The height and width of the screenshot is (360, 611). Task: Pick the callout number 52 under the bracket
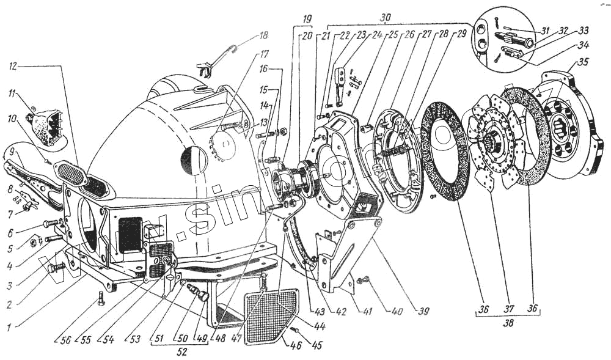click(181, 352)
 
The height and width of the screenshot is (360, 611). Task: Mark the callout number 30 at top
click(385, 18)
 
